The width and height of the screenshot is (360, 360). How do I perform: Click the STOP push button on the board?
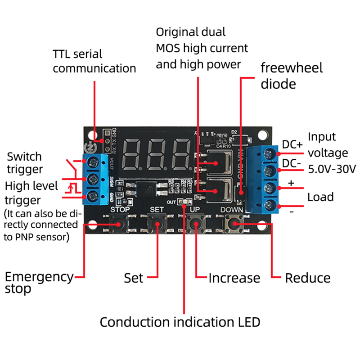coord(120,223)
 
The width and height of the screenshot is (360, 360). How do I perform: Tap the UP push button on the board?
coord(195,223)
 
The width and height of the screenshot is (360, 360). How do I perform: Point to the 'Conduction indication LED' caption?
coord(180,322)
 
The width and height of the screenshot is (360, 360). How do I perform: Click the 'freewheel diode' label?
coord(292,76)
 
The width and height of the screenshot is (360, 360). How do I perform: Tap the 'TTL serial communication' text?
coord(94,61)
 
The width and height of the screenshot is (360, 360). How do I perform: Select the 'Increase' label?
coord(234,278)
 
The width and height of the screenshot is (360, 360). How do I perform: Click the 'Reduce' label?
coord(308,278)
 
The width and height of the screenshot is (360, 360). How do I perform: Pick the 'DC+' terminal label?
coord(292,145)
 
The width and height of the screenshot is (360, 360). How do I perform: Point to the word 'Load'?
coord(320,197)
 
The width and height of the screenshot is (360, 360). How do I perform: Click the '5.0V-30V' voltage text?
coord(332,169)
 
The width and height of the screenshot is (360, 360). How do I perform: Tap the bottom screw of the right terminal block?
coord(270,205)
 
